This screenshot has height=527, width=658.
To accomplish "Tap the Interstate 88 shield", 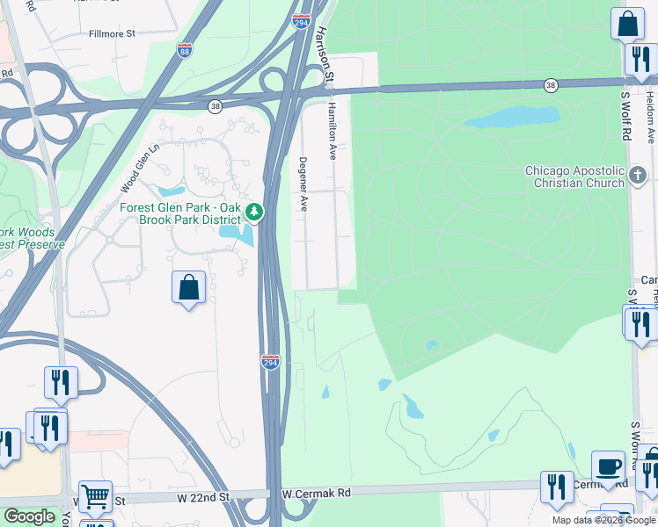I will click(x=185, y=51).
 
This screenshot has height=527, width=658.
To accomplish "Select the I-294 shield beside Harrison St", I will click(x=300, y=19).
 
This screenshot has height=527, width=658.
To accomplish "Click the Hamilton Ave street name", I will click(x=333, y=129).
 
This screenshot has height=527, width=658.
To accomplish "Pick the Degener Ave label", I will click(x=303, y=184).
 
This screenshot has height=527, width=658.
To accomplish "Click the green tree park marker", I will click(x=254, y=212).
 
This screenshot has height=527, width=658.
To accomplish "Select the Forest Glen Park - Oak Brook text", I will click(x=180, y=213).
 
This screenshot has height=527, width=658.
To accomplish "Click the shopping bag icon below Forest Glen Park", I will click(x=189, y=286).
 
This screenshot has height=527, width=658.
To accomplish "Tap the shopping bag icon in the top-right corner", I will click(x=628, y=24).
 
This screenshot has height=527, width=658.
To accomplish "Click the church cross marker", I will click(x=640, y=177).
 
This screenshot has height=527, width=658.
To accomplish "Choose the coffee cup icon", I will click(x=608, y=466).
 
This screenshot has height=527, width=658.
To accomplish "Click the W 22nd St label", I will click(x=202, y=497).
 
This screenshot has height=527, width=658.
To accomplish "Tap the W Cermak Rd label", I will click(x=316, y=494).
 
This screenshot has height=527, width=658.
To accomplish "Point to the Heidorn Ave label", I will click(x=650, y=118).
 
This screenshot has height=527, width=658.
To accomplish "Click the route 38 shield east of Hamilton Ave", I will click(x=551, y=84).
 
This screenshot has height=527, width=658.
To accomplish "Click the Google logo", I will click(x=30, y=516).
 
